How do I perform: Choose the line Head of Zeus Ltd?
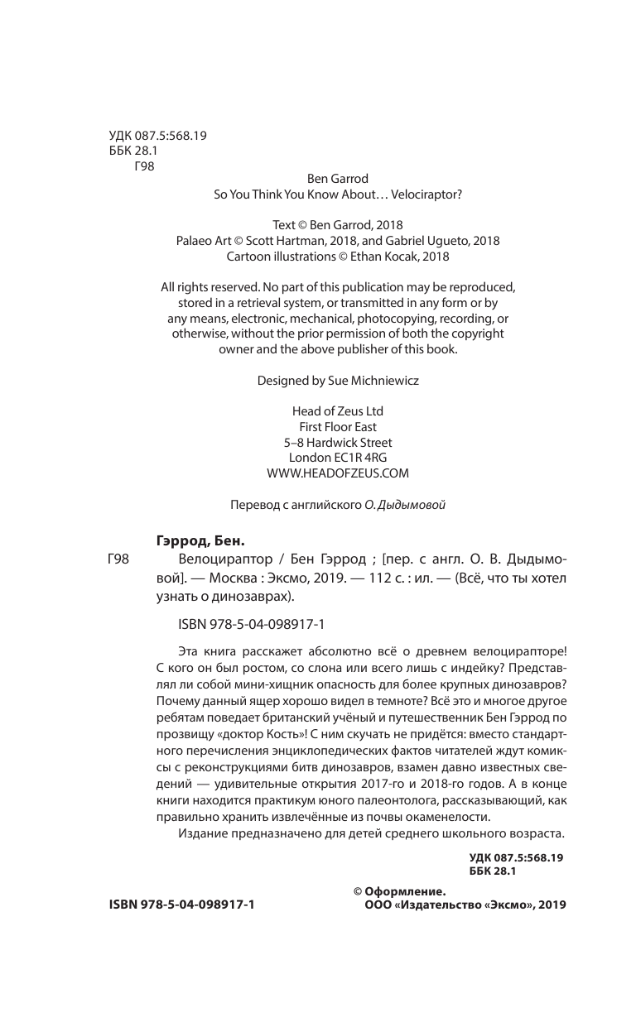[x=338, y=410]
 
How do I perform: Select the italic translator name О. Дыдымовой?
[x=405, y=505]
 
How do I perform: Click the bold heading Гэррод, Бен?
[x=200, y=542]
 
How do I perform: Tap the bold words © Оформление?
[x=400, y=891]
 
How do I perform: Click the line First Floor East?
[x=338, y=426]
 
